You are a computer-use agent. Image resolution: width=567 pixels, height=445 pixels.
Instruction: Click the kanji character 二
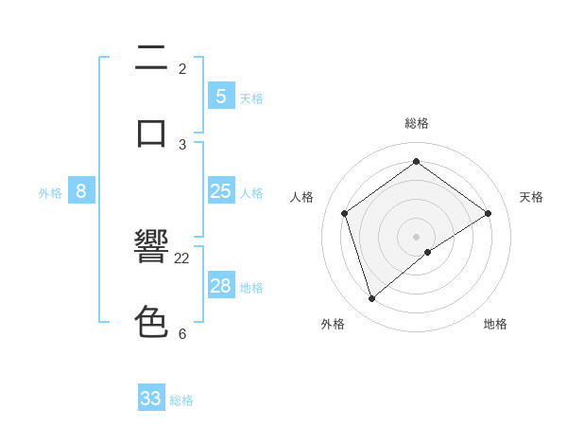pos(151,60)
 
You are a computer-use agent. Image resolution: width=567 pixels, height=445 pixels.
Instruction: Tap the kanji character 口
pos(151,133)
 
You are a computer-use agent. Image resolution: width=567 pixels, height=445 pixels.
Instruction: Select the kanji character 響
pos(151,248)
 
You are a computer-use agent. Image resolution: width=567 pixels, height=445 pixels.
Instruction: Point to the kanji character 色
pos(151,322)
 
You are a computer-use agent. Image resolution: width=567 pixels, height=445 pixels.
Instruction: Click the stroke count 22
pos(182,258)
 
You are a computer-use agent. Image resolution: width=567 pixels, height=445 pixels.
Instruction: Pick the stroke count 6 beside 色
pos(182,333)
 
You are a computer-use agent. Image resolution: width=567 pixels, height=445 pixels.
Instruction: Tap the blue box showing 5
pos(220,96)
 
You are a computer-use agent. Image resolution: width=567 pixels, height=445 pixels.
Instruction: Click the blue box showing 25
pos(220,191)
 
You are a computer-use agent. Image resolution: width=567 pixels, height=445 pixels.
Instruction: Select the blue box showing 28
pos(220,286)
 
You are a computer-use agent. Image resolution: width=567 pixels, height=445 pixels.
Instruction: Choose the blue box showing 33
pos(151,399)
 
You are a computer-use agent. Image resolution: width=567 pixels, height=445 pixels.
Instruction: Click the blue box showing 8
pos(81,191)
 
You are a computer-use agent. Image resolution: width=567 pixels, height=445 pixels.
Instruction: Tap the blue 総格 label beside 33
pos(181,400)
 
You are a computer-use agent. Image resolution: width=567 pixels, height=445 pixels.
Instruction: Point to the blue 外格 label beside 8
pos(50,193)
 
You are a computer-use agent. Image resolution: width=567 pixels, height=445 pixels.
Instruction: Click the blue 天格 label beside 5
pos(251,98)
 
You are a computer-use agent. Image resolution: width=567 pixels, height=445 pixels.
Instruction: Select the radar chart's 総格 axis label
pos(416,123)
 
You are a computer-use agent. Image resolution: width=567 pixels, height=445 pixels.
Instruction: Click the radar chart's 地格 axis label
pos(495,324)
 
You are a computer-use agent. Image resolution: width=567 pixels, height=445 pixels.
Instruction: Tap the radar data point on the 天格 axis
pos(489,213)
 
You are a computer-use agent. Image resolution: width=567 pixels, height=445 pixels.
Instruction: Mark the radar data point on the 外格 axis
pos(371,299)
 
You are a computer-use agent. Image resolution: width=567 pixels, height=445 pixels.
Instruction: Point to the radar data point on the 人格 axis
pos(345,213)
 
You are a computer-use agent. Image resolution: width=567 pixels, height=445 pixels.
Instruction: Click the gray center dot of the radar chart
pos(416,236)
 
